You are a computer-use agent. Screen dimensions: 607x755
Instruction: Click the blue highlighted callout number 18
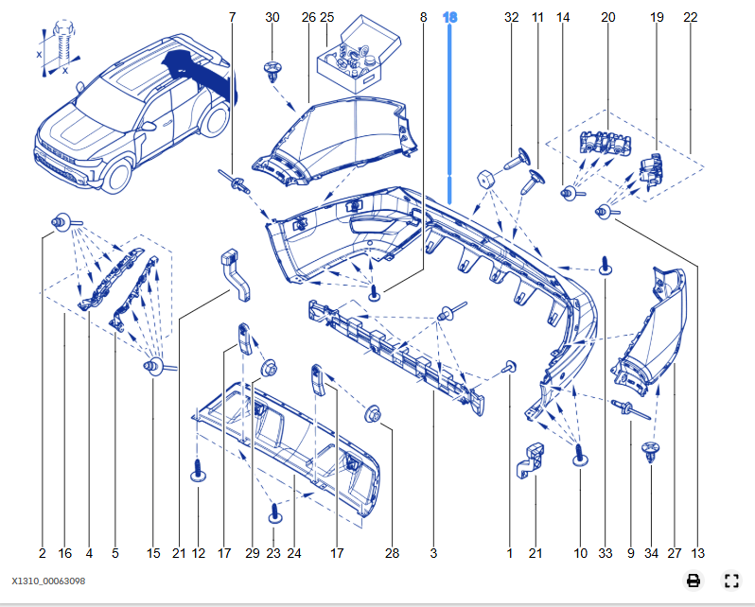[x=450, y=18]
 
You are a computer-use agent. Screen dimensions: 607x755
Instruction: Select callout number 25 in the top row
[x=326, y=18]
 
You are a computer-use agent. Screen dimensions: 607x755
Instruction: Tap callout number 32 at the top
[x=512, y=18]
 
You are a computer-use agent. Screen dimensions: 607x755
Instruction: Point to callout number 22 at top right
[x=690, y=18]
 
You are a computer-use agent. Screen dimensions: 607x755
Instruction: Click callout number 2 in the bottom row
[x=43, y=553]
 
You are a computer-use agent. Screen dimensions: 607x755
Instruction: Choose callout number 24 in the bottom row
[x=294, y=553]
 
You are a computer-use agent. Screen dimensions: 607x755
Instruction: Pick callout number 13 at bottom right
[x=698, y=553]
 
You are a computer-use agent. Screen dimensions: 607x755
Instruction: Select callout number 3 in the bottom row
[x=433, y=553]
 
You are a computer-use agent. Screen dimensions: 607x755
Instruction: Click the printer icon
[x=694, y=581]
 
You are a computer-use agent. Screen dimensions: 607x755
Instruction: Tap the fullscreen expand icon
[x=730, y=581]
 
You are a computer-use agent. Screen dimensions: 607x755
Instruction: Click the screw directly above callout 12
[x=200, y=470]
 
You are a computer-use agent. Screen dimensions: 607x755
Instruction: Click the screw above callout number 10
[x=579, y=454]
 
